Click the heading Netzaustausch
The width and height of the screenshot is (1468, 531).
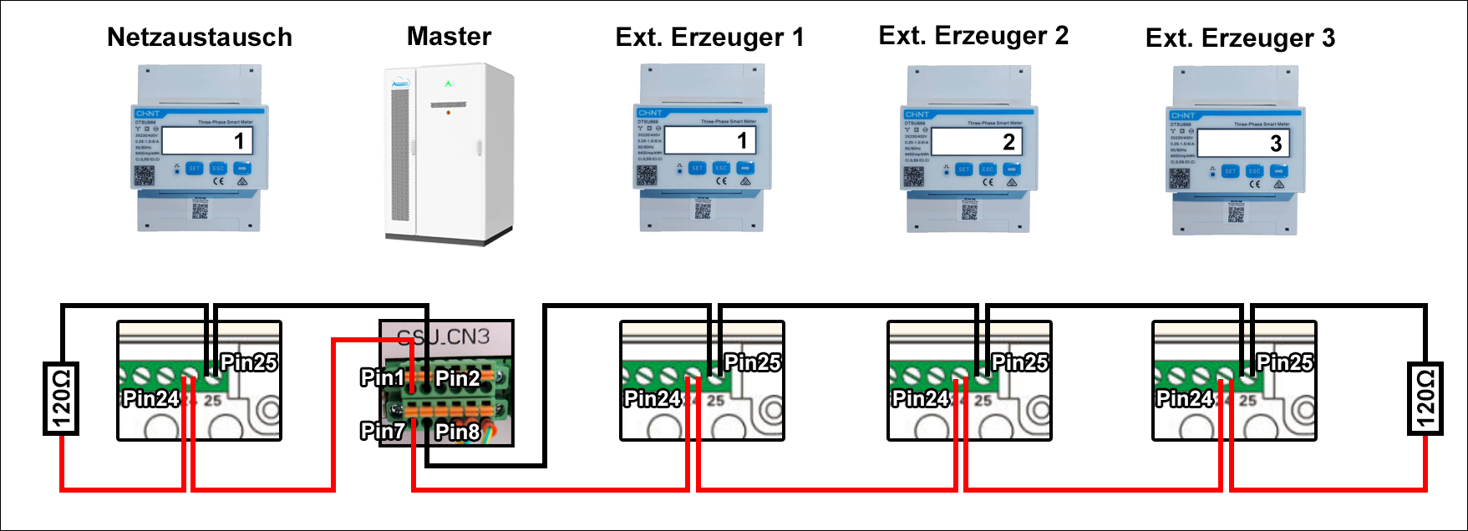200,38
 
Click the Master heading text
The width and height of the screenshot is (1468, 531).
449,37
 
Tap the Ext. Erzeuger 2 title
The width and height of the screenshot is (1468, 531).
973,36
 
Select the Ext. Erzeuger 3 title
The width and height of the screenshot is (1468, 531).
1240,38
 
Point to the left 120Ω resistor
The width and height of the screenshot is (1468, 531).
61,399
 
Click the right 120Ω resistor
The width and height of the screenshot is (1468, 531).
1425,399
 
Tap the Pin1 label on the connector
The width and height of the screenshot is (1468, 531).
382,378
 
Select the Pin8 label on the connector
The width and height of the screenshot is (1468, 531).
457,432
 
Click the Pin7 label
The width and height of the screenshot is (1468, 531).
382,432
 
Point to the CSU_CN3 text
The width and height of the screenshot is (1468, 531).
443,337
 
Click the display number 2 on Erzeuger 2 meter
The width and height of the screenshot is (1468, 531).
1008,143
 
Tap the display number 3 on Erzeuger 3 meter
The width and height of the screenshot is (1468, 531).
1275,144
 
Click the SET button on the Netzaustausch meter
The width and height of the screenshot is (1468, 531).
194,169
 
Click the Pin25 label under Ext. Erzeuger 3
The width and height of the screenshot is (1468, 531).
1284,362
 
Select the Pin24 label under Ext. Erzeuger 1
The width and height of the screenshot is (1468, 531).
652,399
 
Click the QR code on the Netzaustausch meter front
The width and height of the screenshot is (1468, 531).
145,175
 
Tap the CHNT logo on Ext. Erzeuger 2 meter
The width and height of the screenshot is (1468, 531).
917,114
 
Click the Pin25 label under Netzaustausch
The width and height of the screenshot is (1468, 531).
248,362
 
